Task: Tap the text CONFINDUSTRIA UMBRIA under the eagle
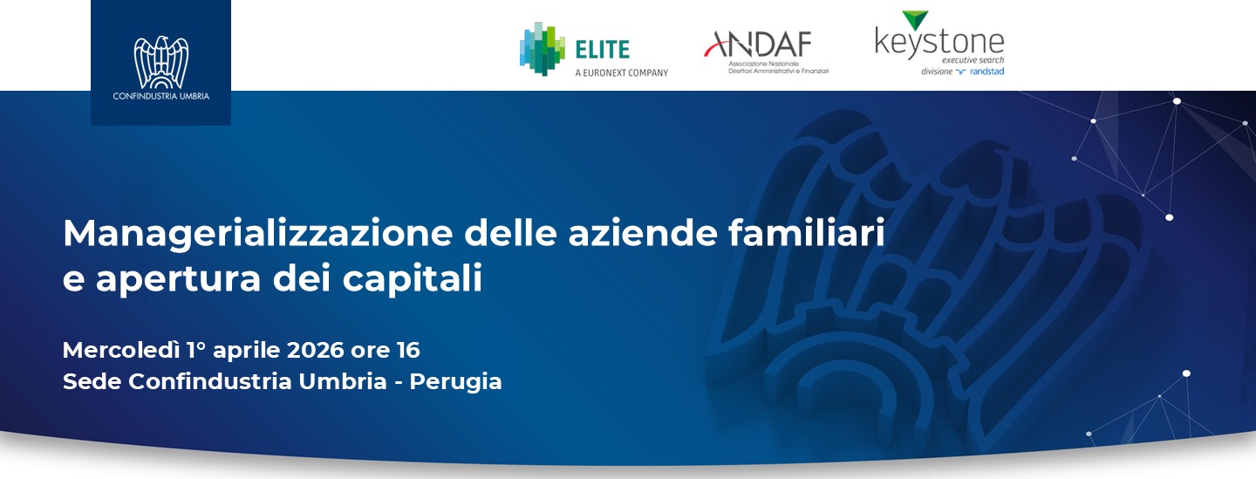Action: (161, 96)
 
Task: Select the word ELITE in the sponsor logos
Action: (602, 49)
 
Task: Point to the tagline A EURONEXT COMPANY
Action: (621, 72)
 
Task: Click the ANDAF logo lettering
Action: (758, 43)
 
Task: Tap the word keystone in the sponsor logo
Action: (939, 42)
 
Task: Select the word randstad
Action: (986, 72)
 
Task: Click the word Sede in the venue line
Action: (92, 381)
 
